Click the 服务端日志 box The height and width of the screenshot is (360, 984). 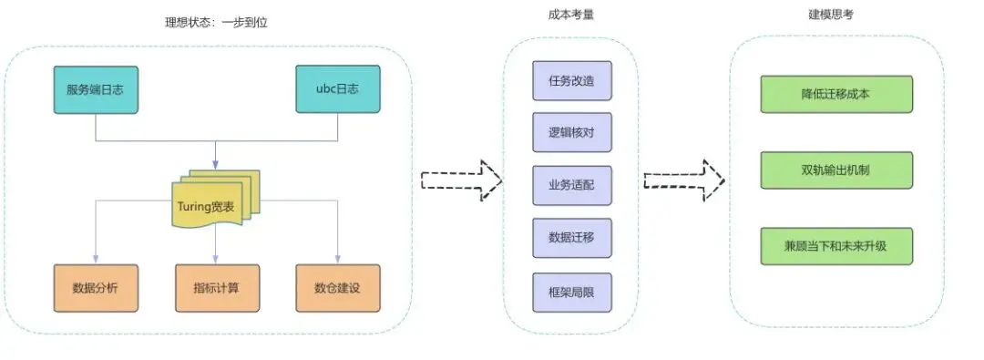click(97, 89)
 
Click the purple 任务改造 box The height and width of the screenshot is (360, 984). click(572, 80)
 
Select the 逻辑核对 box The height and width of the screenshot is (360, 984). click(572, 133)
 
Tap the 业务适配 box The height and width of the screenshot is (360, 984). click(572, 186)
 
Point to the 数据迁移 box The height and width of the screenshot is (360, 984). click(572, 238)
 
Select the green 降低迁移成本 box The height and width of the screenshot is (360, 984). click(835, 94)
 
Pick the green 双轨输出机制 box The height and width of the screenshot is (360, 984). click(835, 170)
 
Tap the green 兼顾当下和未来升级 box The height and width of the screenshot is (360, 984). click(835, 246)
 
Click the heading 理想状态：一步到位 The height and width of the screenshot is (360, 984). click(210, 21)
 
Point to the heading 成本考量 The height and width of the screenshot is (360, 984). click(572, 15)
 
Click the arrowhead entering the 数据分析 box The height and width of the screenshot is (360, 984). click(96, 259)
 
